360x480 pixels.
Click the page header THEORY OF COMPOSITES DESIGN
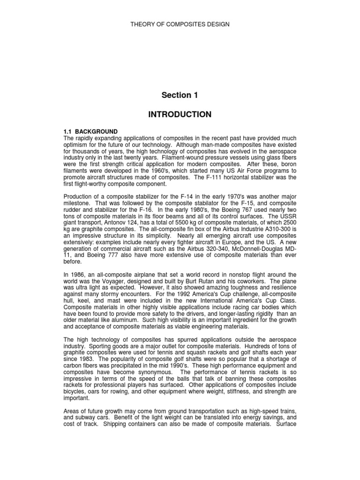click(x=180, y=24)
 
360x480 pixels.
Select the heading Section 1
click(x=180, y=95)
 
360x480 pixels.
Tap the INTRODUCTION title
click(x=180, y=114)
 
